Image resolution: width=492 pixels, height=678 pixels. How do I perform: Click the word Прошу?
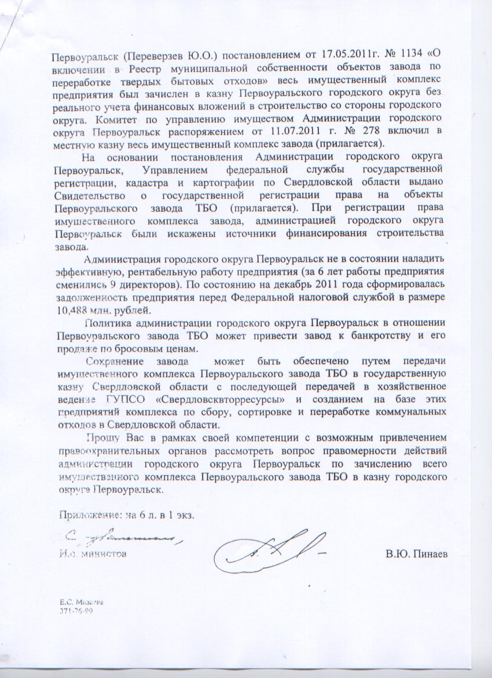[99, 437]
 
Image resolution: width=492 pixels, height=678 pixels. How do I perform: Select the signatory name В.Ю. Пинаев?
[417, 554]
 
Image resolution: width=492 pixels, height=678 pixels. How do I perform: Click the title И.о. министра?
[91, 553]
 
